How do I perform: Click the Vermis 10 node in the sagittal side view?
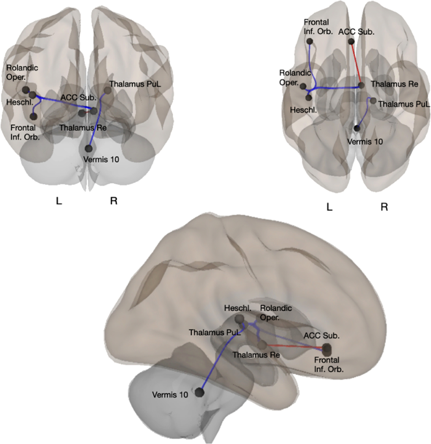pyautogui.click(x=199, y=392)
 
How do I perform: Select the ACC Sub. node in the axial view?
pyautogui.click(x=351, y=41)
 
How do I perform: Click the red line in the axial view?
pyautogui.click(x=356, y=63)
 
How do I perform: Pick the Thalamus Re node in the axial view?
pyautogui.click(x=361, y=85)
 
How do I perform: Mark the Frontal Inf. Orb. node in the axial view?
pyautogui.click(x=309, y=41)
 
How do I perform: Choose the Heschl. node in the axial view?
pyautogui.click(x=309, y=98)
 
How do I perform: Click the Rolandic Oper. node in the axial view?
pyautogui.click(x=303, y=87)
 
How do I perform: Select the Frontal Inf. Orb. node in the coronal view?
pyautogui.click(x=34, y=115)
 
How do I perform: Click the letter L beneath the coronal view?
pyautogui.click(x=59, y=201)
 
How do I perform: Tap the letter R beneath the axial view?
pyautogui.click(x=384, y=207)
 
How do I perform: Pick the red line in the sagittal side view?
pyautogui.click(x=296, y=347)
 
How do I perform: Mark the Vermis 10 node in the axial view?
pyautogui.click(x=357, y=128)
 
